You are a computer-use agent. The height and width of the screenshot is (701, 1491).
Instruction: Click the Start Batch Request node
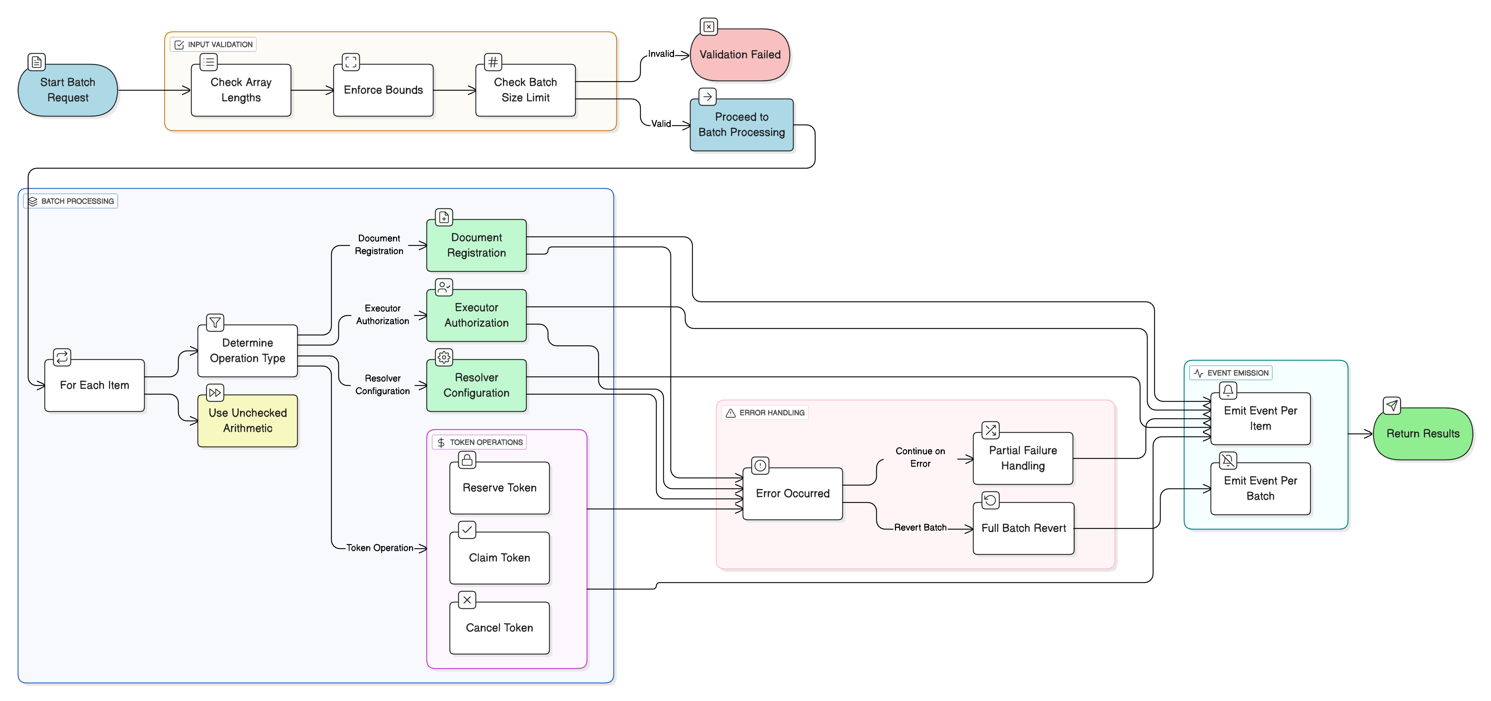[x=68, y=90]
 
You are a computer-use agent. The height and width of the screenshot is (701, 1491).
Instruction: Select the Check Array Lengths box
[x=241, y=90]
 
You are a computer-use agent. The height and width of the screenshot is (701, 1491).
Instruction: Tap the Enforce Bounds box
[x=383, y=90]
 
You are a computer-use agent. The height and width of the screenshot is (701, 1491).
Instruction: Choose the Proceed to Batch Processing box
[x=742, y=125]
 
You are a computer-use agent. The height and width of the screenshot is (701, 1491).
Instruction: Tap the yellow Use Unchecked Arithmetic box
[x=248, y=421]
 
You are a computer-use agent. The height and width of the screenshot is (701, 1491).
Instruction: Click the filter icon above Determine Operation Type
[x=215, y=322]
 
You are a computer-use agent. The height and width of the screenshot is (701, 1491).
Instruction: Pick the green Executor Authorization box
[x=476, y=315]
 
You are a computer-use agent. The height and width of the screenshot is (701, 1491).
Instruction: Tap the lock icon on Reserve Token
[x=467, y=460]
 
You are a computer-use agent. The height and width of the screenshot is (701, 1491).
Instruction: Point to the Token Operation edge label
[x=380, y=548]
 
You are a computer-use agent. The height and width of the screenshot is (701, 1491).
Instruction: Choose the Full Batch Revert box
[x=1023, y=528]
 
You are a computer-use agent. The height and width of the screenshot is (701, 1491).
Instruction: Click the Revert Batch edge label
[x=920, y=527]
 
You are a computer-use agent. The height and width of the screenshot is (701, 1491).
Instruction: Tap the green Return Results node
[x=1423, y=434]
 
